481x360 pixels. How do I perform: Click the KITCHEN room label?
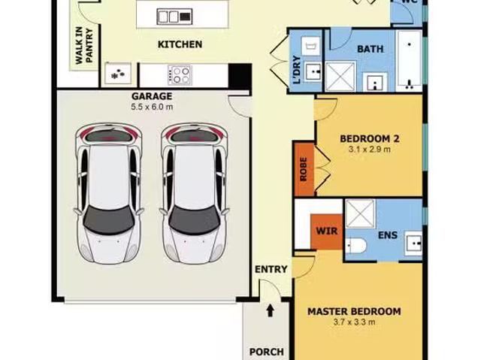click(180, 44)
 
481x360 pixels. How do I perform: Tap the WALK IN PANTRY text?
click(83, 45)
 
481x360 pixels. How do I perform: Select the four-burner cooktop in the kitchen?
click(180, 75)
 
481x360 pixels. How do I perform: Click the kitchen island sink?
click(174, 17)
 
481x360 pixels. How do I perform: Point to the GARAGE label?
click(152, 96)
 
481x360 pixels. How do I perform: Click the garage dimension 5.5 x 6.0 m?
click(152, 107)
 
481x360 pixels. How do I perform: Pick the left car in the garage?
click(108, 194)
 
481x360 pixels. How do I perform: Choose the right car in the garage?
click(194, 194)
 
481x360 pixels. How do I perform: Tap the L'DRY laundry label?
click(297, 70)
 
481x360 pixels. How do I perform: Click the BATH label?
click(371, 49)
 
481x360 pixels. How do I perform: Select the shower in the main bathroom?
click(340, 77)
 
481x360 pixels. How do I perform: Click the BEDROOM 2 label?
click(370, 139)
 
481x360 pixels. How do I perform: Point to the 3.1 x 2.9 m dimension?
click(370, 150)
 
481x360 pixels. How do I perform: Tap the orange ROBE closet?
click(304, 170)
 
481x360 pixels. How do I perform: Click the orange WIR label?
click(327, 231)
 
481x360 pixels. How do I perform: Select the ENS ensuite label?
click(388, 235)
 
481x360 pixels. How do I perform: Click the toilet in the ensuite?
click(355, 246)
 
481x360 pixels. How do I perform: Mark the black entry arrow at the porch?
click(270, 310)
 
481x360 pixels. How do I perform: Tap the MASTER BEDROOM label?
click(354, 312)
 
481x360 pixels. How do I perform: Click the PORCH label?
click(266, 352)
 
